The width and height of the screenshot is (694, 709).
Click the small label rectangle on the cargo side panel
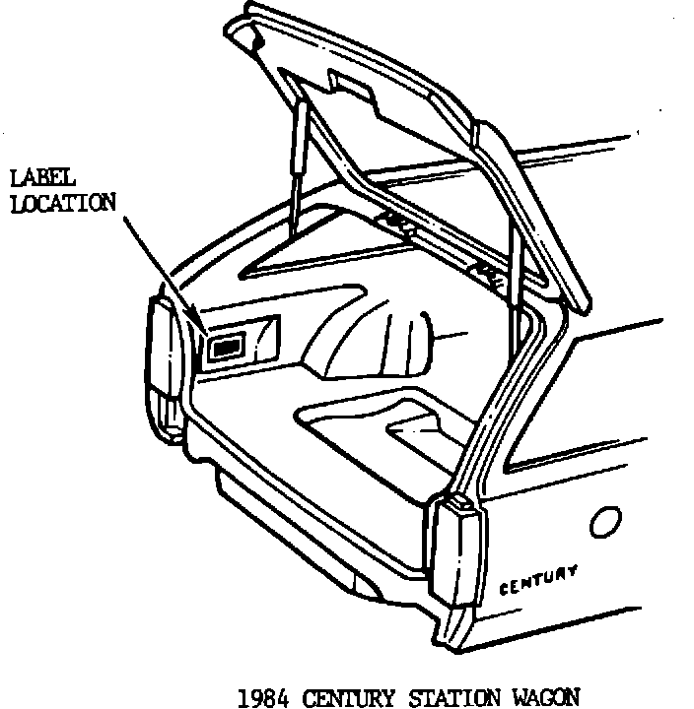(x=226, y=346)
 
